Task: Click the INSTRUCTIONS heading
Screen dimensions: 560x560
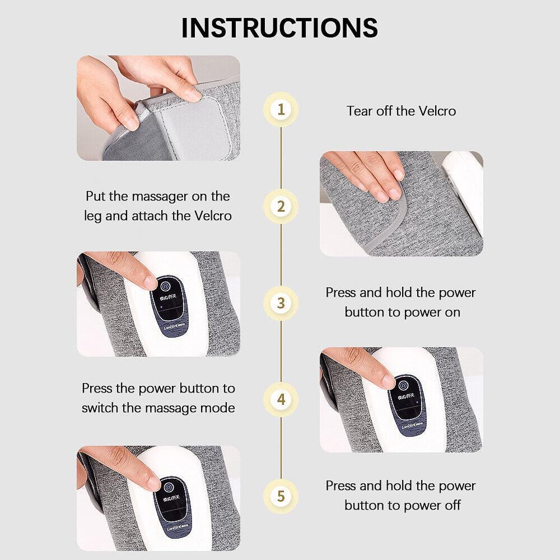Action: (x=279, y=27)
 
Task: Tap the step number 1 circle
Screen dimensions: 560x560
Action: (x=281, y=109)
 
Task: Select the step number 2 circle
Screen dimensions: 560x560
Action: (x=281, y=206)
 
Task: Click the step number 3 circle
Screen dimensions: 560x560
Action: (x=281, y=303)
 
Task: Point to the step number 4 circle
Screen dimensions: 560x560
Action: (x=281, y=400)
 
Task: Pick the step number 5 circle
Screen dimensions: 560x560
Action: (x=281, y=496)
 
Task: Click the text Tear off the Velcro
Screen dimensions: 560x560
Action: (x=401, y=111)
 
